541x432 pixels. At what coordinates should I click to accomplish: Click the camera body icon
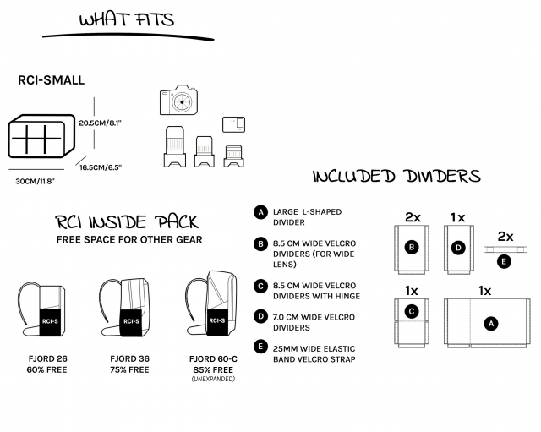click(x=178, y=100)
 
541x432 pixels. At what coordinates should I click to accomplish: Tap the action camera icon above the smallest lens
click(x=233, y=124)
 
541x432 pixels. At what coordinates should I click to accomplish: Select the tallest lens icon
click(x=175, y=146)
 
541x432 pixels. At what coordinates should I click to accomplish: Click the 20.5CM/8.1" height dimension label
click(x=101, y=123)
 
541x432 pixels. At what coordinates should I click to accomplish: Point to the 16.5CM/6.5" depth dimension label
click(x=101, y=167)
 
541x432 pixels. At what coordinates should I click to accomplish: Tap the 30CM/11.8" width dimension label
click(x=36, y=181)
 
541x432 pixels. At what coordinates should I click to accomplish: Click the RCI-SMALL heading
click(x=51, y=80)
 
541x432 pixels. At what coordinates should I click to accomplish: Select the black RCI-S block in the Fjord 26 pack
click(x=50, y=322)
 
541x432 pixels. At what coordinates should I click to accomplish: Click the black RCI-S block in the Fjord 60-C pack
click(x=217, y=320)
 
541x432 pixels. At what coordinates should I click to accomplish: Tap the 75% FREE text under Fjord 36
click(x=129, y=369)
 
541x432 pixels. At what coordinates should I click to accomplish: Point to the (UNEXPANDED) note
click(x=213, y=379)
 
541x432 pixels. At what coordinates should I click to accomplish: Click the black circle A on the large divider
click(x=491, y=324)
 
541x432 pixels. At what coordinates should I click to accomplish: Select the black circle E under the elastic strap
click(x=504, y=261)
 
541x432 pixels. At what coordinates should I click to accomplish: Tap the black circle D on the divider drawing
click(x=458, y=248)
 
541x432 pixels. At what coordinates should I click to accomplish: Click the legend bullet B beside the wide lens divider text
click(x=260, y=244)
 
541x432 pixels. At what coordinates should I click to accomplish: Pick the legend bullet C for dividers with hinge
click(x=260, y=286)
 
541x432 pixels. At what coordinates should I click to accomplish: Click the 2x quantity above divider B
click(x=413, y=217)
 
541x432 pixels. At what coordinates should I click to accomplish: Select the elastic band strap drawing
click(x=505, y=249)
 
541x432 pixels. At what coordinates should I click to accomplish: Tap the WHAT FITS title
click(x=127, y=19)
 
